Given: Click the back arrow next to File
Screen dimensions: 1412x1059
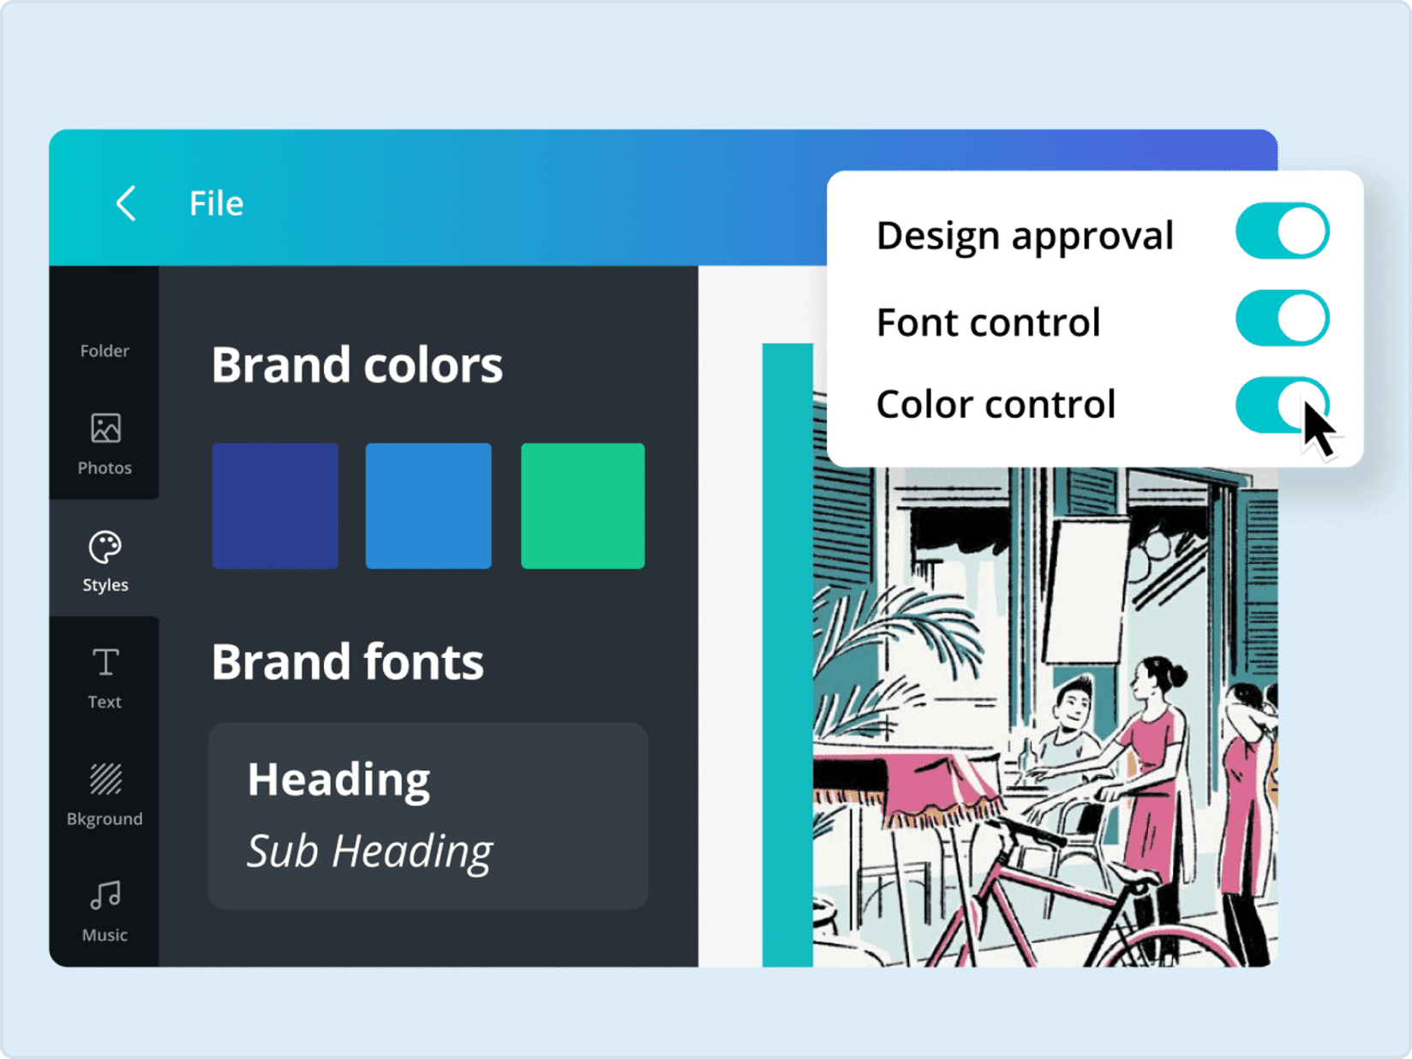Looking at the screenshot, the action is [x=126, y=203].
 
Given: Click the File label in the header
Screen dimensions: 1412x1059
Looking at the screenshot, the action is [x=216, y=204].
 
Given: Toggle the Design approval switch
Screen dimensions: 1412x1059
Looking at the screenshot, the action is [x=1282, y=230].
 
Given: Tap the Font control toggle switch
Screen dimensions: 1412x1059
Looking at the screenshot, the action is [x=1282, y=318].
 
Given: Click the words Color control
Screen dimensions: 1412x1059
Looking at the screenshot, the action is [x=996, y=404].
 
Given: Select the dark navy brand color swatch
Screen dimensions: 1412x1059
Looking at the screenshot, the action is [x=275, y=506].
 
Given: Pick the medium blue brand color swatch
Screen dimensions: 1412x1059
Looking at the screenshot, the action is [x=428, y=506].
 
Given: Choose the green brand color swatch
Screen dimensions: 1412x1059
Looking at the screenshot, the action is [x=583, y=506].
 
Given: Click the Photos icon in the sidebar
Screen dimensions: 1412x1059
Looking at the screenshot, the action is [x=105, y=428].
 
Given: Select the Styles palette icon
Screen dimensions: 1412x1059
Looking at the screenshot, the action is [x=105, y=547].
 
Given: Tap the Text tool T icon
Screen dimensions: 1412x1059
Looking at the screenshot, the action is [x=105, y=662].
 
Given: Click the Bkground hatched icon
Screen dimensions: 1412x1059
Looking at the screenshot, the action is [x=105, y=779].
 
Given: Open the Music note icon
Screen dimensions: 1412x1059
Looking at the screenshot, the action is [x=105, y=895].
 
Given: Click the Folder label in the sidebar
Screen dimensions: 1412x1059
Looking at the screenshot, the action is [x=105, y=350].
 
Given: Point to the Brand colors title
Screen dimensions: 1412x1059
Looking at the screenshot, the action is [x=357, y=365].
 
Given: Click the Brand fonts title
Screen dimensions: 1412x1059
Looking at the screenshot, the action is [x=347, y=661].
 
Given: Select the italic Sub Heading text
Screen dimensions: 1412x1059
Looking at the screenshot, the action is [x=370, y=852].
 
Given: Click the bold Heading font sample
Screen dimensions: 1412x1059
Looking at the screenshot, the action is [x=338, y=780].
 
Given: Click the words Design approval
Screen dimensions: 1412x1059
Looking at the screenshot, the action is [x=1025, y=236].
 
